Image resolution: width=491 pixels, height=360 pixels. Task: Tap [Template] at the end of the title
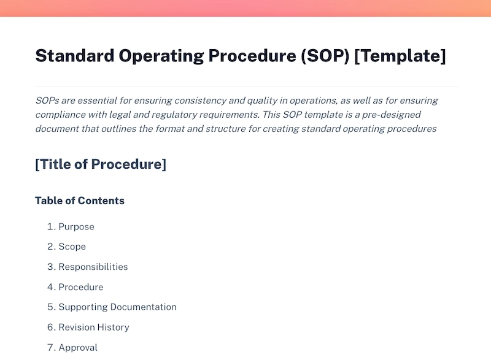(x=400, y=56)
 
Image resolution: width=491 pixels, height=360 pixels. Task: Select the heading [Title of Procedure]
(x=101, y=164)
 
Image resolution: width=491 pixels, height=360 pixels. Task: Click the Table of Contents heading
(x=80, y=201)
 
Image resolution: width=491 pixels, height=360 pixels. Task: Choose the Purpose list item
(x=76, y=227)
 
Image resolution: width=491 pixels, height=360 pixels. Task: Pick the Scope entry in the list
(x=72, y=247)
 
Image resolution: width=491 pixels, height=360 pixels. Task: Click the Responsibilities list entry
(x=93, y=267)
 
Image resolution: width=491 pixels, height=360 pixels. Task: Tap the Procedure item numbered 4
(x=80, y=287)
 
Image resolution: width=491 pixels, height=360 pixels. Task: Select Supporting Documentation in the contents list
(x=117, y=307)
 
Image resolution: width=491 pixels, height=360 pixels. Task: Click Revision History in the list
(x=94, y=327)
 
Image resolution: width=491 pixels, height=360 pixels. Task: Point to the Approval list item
(x=78, y=348)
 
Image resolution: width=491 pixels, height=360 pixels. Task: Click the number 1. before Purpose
(x=50, y=227)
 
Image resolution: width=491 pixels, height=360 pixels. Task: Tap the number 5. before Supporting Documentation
(x=50, y=307)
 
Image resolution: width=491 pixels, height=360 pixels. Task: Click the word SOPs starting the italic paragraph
(x=47, y=101)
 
